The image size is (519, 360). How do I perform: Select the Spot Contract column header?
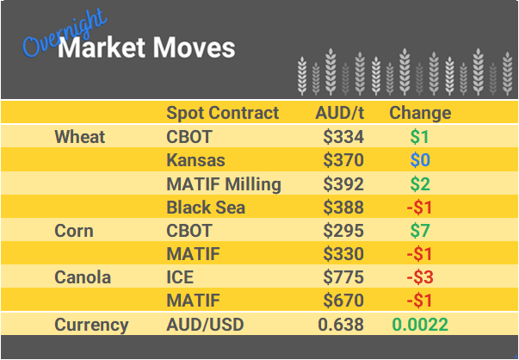coord(222,113)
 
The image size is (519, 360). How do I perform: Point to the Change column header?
coord(420,113)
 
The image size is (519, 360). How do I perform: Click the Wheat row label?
coord(79,137)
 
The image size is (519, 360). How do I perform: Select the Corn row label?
coord(74,231)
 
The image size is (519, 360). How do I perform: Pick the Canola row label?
coord(82,278)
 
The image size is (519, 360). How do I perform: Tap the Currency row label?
coord(91,325)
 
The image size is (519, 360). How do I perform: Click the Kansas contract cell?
coord(195,160)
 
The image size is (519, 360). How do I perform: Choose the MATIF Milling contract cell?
coord(223,183)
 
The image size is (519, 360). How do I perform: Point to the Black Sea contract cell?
coord(206,208)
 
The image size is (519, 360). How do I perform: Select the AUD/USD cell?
coord(204,325)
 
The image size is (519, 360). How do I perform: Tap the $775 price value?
coord(343,278)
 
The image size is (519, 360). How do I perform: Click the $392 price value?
coord(343,183)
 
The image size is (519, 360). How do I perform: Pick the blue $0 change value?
coord(420,160)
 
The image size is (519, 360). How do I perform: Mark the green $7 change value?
coord(420,231)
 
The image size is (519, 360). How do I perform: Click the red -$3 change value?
coord(419,278)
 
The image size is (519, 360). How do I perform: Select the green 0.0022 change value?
coord(420,325)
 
